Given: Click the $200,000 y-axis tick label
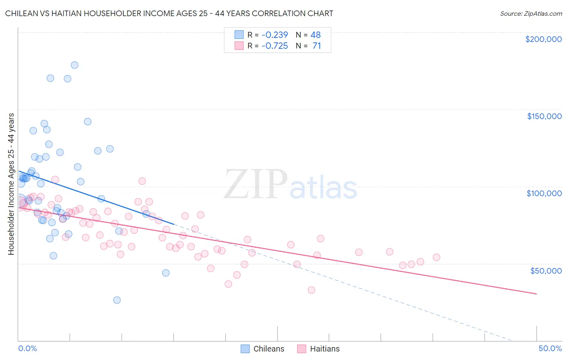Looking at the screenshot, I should pos(543,39).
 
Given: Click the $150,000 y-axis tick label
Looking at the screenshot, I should pos(544,116).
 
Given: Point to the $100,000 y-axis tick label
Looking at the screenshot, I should pos(544,193).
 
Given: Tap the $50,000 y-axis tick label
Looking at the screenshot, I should pos(546,270).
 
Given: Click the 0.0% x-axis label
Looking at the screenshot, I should pos(27,348).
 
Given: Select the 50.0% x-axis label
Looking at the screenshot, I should pos(550,348).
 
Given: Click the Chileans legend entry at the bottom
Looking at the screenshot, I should pos(263,349).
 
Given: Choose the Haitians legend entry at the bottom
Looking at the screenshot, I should pos(319,349).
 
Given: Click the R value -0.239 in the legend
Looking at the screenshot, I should pos(275,35).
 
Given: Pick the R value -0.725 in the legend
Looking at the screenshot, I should pos(275,46).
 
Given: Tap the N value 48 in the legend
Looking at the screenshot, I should pos(315,35).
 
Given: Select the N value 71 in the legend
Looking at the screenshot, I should pos(317,46).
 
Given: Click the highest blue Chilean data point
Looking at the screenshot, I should pos(75,65).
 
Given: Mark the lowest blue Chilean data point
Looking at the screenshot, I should pos(117,300).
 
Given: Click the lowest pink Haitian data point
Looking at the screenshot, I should pos(311,290).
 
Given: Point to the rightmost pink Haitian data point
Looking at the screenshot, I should pos(436,257).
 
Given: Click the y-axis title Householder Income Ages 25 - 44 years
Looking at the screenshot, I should pos(11,184).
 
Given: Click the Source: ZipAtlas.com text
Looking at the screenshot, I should pos(531,13).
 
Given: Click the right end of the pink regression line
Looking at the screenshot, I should pos(536,294).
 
